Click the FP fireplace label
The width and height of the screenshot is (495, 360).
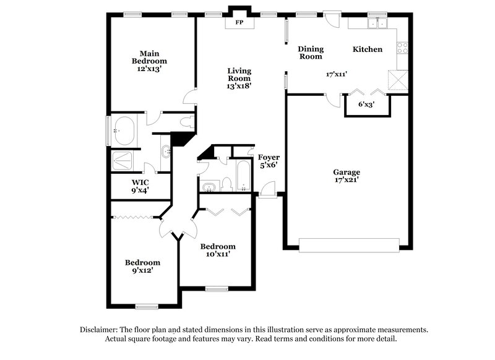click(239, 24)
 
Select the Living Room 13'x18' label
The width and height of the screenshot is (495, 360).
click(238, 78)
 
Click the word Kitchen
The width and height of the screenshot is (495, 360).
click(368, 49)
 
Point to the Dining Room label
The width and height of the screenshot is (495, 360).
click(311, 53)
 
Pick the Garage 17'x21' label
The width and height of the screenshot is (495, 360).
click(346, 176)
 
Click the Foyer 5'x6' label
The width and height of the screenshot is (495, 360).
click(269, 161)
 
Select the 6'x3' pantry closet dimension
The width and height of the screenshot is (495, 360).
click(367, 104)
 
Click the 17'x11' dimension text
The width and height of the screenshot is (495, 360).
click(337, 74)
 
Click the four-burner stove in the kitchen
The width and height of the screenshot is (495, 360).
click(402, 47)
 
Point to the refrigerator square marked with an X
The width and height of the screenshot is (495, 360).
click(396, 81)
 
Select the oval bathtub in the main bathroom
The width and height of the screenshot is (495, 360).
click(127, 131)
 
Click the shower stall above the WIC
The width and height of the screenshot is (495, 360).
click(125, 160)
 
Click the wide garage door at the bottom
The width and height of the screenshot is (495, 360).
click(349, 245)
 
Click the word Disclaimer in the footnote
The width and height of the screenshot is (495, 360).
click(100, 330)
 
